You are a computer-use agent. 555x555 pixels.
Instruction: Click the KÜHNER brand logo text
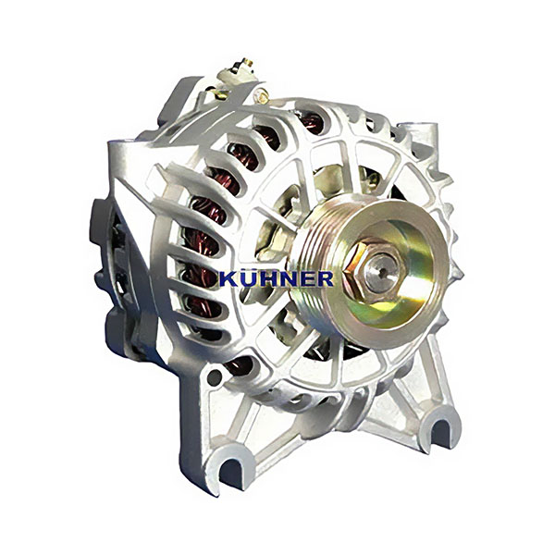[277, 278]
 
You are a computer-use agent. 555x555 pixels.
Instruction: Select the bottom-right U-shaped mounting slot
[439, 432]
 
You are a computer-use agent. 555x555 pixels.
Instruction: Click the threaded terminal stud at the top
[246, 63]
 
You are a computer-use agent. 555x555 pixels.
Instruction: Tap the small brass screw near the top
[263, 95]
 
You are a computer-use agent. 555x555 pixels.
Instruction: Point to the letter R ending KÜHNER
[325, 279]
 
